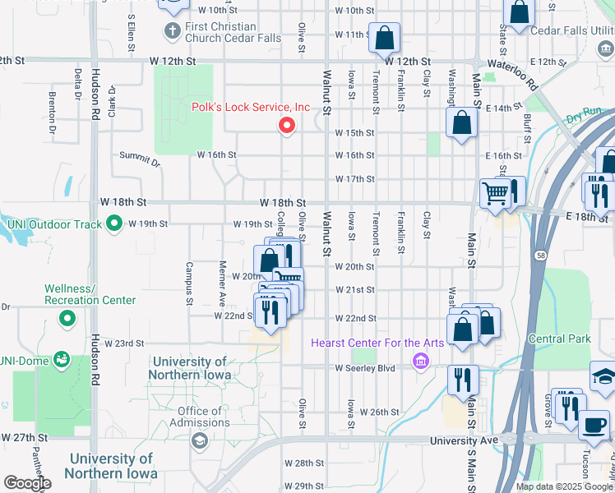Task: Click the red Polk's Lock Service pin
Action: pyautogui.click(x=287, y=126)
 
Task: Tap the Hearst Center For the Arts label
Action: pyautogui.click(x=377, y=343)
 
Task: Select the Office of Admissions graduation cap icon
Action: pyautogui.click(x=198, y=442)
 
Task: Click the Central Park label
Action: pyautogui.click(x=560, y=339)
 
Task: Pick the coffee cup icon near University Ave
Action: pyautogui.click(x=594, y=426)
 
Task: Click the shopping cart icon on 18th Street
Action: pyautogui.click(x=495, y=194)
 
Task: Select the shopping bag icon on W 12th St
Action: pyautogui.click(x=384, y=38)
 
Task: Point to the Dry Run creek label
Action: pyautogui.click(x=584, y=115)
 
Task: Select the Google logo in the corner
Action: pyautogui.click(x=26, y=483)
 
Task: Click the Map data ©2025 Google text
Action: pyautogui.click(x=563, y=486)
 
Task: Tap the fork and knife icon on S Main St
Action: pyautogui.click(x=463, y=380)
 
